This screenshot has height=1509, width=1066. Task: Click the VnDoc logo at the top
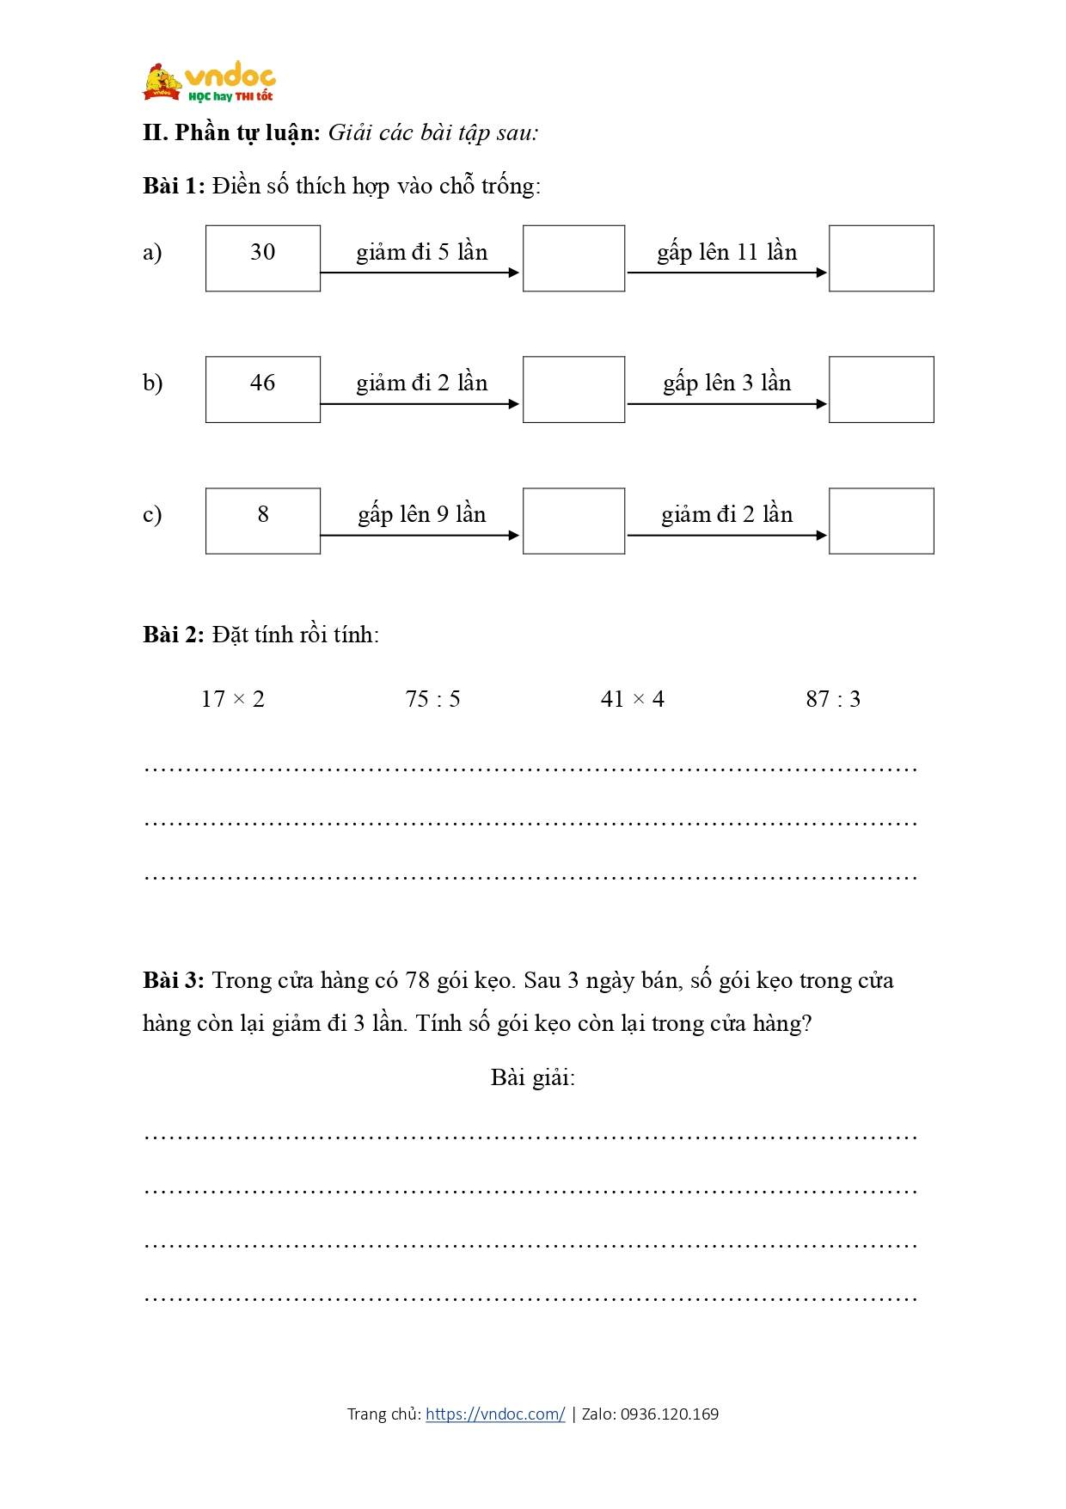pos(209,83)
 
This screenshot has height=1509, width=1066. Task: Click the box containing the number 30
pos(263,258)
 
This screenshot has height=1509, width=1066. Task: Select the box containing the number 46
pos(263,390)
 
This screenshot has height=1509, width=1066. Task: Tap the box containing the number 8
pos(263,521)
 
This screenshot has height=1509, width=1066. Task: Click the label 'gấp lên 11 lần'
pos(726,252)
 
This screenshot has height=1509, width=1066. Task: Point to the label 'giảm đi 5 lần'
pos(421,252)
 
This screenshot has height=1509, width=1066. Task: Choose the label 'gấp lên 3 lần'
pos(726,383)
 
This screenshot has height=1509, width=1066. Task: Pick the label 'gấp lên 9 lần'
pos(421,514)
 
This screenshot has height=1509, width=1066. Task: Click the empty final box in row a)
pos(881,258)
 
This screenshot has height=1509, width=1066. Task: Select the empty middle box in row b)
pos(573,390)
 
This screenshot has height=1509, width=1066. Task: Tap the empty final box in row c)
pos(881,521)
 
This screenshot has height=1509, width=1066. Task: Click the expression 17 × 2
pos(233,699)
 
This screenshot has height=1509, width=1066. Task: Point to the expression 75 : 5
pos(432,699)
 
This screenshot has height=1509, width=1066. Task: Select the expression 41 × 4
pos(633,699)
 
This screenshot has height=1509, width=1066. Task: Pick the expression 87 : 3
pos(833,699)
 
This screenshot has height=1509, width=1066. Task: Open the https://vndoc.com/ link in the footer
pos(495,1414)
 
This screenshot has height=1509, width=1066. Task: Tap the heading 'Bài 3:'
pos(174,981)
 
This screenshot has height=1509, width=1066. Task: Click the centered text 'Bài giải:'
pos(533,1077)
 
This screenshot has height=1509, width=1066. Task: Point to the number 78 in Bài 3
pos(417,981)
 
